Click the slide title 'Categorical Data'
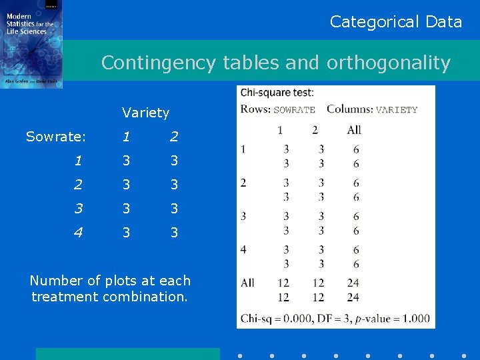(396, 22)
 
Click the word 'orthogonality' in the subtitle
(388, 63)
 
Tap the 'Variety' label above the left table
(145, 113)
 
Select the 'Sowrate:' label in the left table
(56, 137)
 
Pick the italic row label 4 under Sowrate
(78, 233)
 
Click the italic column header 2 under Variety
(174, 137)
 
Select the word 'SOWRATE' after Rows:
(294, 110)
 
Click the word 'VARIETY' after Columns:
(397, 110)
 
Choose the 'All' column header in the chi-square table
(354, 130)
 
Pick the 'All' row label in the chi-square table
(247, 283)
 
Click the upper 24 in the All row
(353, 283)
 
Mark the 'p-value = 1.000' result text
(393, 318)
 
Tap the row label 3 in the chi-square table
(243, 216)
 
